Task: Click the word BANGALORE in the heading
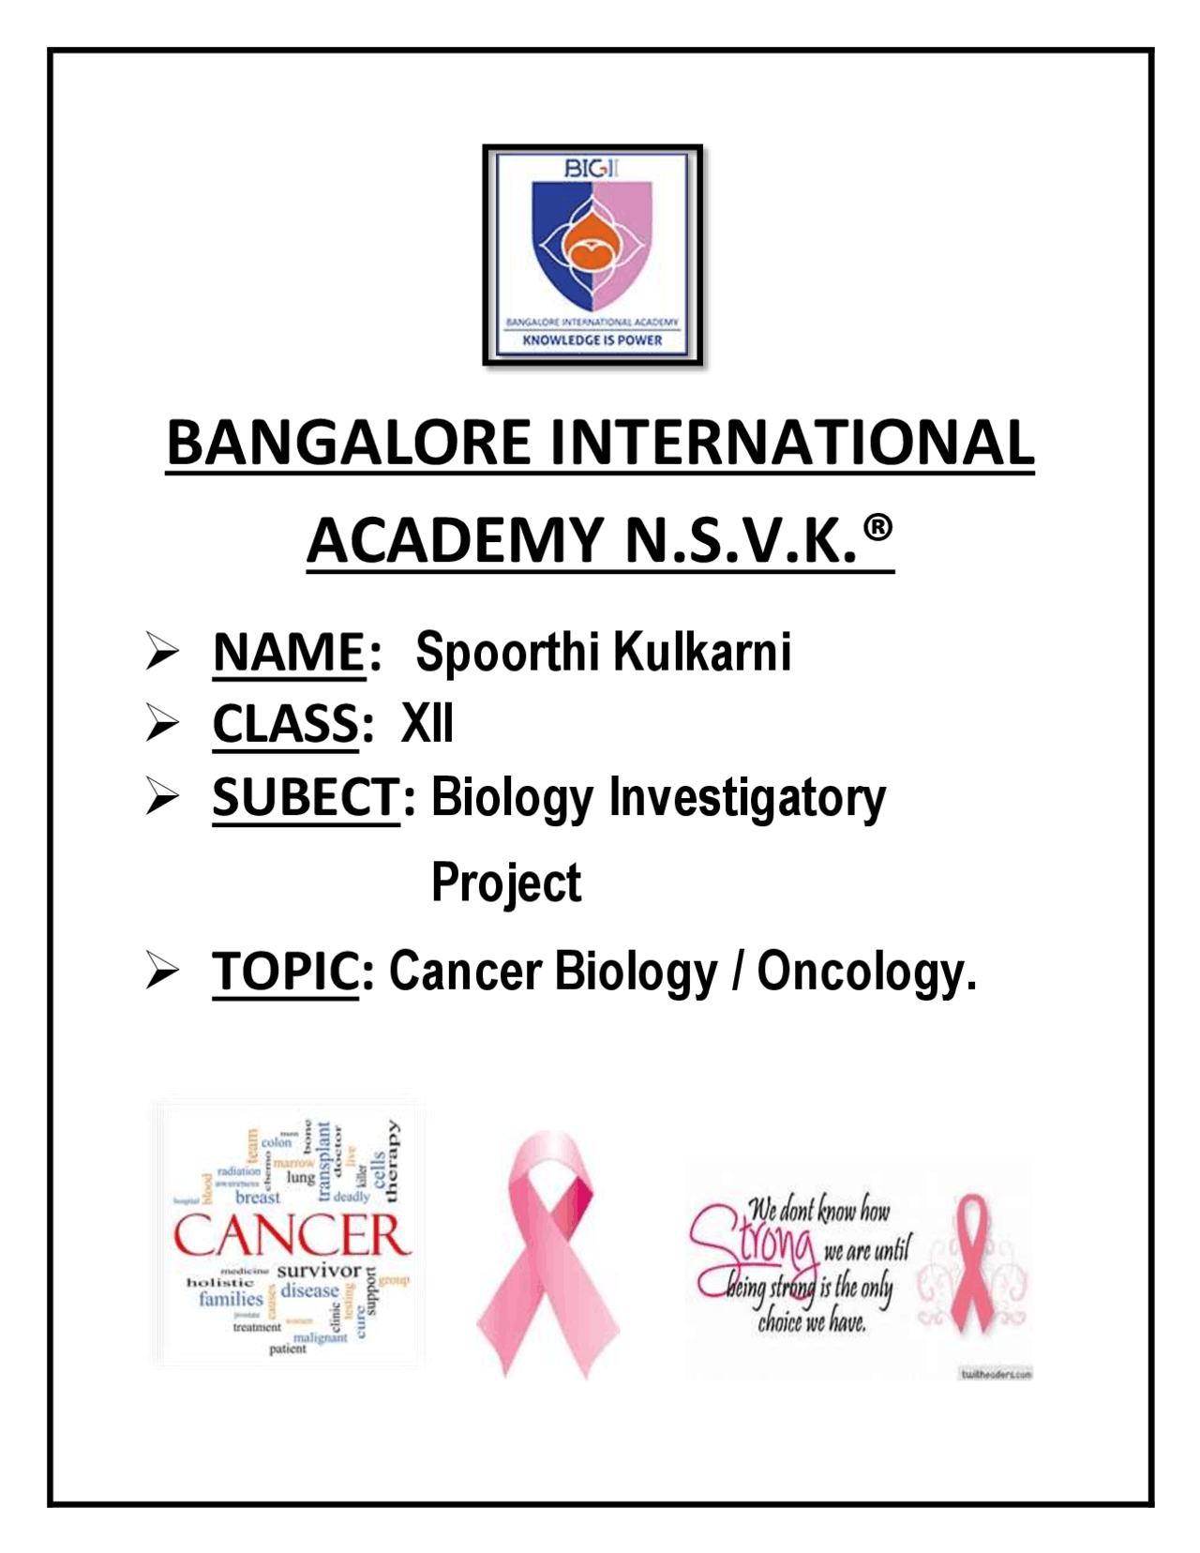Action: pyautogui.click(x=348, y=443)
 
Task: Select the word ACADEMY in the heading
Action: pyautogui.click(x=456, y=541)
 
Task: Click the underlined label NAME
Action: pyautogui.click(x=289, y=652)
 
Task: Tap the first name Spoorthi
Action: pyautogui.click(x=502, y=652)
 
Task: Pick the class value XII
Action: pyautogui.click(x=427, y=724)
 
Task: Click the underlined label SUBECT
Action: pyautogui.click(x=306, y=798)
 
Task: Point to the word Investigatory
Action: pyautogui.click(x=747, y=798)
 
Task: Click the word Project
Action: pyautogui.click(x=506, y=882)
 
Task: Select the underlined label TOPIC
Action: pyautogui.click(x=286, y=971)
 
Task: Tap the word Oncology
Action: pyautogui.click(x=866, y=971)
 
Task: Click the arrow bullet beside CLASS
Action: pyautogui.click(x=162, y=724)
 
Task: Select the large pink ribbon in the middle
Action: pyautogui.click(x=548, y=1252)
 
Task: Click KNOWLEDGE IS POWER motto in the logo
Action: pyautogui.click(x=592, y=340)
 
